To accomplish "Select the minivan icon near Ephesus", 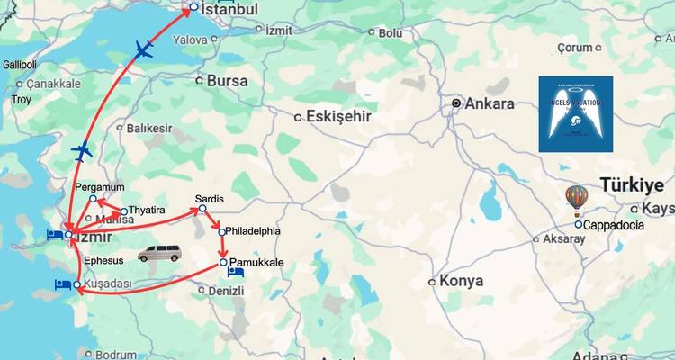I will click(x=158, y=253).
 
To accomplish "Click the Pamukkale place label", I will click(x=257, y=262).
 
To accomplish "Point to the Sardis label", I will click(x=209, y=198).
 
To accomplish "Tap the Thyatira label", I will click(x=147, y=211).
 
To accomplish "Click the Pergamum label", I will click(x=100, y=186).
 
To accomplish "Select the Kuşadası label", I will click(x=107, y=284).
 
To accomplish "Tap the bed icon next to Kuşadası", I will click(x=62, y=284).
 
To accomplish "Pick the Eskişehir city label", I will click(x=338, y=115).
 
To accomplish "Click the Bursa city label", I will click(x=227, y=80).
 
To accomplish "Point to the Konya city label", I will click(x=461, y=281).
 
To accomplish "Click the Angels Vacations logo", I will click(x=575, y=113).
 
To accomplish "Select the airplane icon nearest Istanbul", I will click(x=143, y=50).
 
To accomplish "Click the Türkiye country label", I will click(x=632, y=184).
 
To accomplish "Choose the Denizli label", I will click(x=225, y=292).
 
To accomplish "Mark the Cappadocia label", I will click(x=614, y=225).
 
